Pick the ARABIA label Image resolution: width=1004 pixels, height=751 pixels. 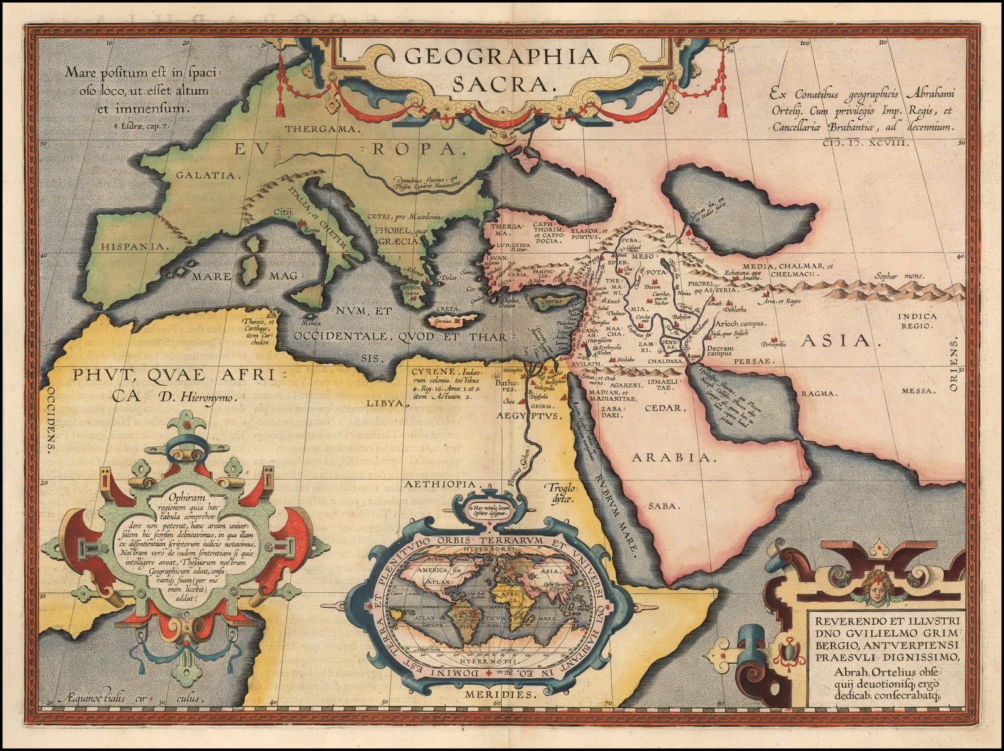click(x=673, y=458)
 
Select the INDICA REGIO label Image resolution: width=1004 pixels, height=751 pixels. click(x=917, y=321)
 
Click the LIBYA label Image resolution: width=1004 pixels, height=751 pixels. click(x=384, y=403)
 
